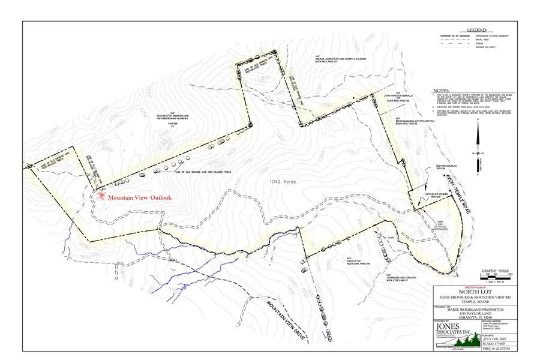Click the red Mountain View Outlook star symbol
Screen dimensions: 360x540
click(x=102, y=196)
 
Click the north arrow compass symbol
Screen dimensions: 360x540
click(x=478, y=153)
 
